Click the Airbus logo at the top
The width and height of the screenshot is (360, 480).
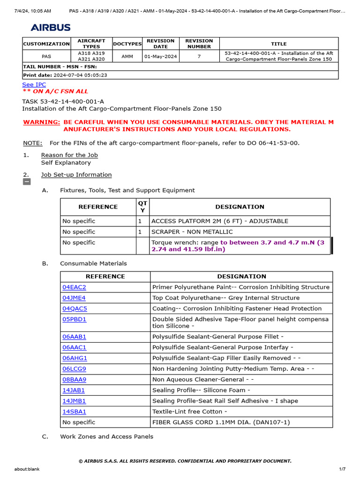(51, 28)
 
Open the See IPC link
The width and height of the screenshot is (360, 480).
(34, 84)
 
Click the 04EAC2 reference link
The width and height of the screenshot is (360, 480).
(74, 287)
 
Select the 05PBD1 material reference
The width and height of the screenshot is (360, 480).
(74, 319)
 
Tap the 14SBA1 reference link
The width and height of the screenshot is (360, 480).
(74, 412)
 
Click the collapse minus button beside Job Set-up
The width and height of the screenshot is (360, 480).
(27, 182)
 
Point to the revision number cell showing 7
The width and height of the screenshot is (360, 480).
(199, 56)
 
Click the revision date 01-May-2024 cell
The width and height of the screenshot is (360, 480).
(160, 56)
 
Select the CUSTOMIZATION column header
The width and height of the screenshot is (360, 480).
(46, 44)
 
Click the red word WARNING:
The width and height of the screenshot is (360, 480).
(42, 122)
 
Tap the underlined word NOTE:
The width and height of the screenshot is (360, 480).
(32, 143)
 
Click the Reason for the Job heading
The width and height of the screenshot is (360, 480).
(69, 155)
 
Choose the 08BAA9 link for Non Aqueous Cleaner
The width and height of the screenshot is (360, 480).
(74, 379)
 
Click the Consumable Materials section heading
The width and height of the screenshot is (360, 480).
(93, 263)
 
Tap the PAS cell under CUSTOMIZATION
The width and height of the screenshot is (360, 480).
(46, 56)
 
